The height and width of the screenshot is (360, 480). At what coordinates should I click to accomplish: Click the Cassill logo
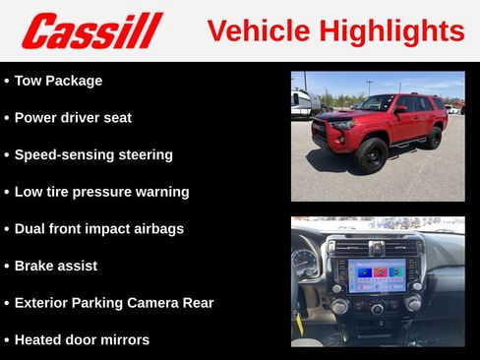[x=90, y=30]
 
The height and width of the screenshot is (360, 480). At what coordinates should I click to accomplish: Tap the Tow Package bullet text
[x=58, y=81]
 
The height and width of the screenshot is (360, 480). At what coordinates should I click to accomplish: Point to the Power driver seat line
[x=73, y=118]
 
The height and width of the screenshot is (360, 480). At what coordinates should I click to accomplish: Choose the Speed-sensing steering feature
[x=93, y=154]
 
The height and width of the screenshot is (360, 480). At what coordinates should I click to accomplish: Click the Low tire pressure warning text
[x=101, y=192]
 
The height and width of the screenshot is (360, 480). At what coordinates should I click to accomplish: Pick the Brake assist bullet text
[x=56, y=266]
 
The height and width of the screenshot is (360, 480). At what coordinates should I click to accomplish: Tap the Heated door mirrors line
[x=82, y=340]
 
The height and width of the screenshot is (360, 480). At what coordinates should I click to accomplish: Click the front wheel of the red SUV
[x=371, y=154]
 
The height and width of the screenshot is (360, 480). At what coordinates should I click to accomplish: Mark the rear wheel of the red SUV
[x=433, y=138]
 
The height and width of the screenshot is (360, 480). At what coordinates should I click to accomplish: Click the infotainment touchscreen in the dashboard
[x=377, y=275]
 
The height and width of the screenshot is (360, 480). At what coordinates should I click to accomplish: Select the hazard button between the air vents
[x=377, y=248]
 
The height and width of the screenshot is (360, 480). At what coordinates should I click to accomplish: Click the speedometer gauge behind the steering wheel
[x=304, y=263]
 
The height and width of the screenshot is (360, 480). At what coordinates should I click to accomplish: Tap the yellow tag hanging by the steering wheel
[x=298, y=322]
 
